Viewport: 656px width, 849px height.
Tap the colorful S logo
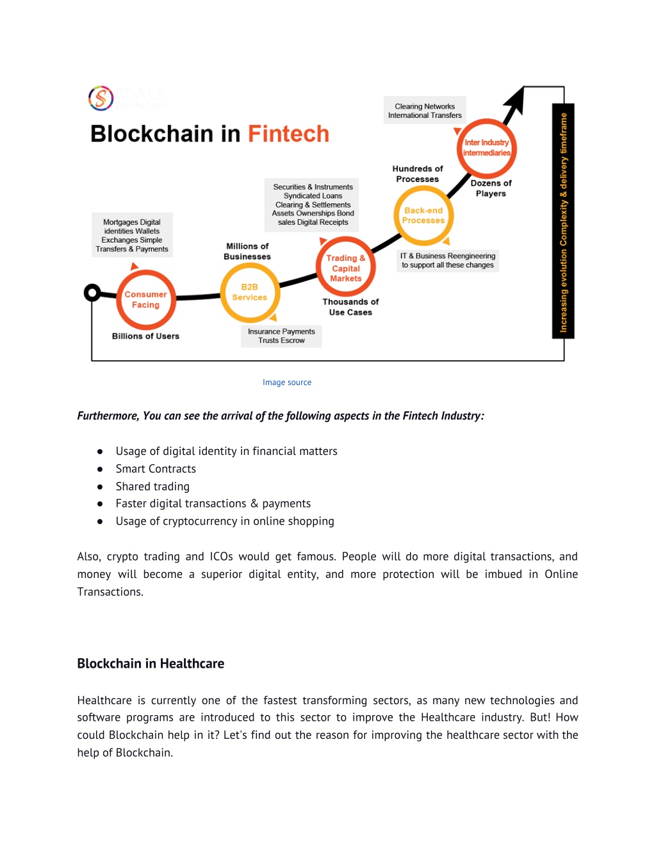(101, 98)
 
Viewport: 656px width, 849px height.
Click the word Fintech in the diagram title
(288, 134)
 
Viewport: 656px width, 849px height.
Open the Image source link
(287, 382)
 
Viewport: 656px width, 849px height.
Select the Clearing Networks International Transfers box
(425, 110)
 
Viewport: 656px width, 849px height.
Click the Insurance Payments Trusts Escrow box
(281, 336)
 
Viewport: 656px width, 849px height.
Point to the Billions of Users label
(145, 336)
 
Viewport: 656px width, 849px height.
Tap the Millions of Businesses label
(247, 251)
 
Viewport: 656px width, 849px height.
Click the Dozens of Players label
(491, 188)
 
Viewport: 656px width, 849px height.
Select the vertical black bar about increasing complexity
(563, 221)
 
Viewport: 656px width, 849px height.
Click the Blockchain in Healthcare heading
(151, 663)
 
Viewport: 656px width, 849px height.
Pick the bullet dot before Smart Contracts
(100, 469)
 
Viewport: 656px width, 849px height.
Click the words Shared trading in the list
(152, 486)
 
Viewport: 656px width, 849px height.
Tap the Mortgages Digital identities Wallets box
(132, 235)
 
